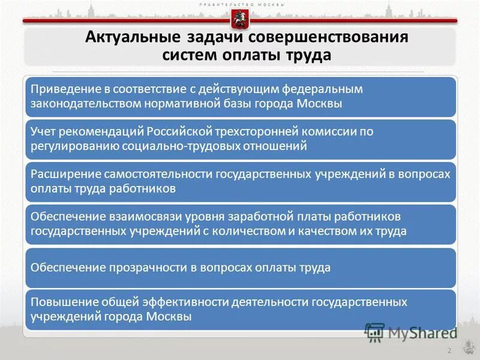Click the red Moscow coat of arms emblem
coord(240,20)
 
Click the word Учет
coord(44,131)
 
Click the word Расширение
coord(62,174)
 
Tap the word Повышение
coord(60,302)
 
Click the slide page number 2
coord(448,350)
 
